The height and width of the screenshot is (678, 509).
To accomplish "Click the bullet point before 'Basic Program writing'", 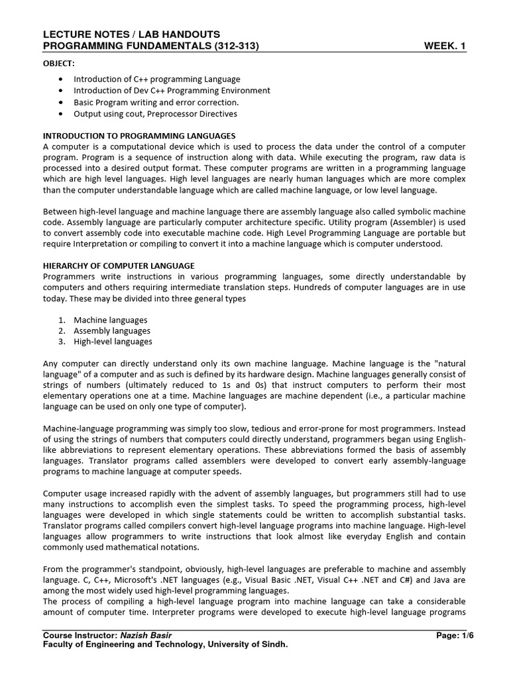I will click(61, 103).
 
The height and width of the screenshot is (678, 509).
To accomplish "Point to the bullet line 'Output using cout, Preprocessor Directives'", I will click(155, 114).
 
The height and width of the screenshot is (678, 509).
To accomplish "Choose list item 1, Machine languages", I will click(110, 320).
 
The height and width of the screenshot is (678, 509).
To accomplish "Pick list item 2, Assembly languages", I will click(111, 330).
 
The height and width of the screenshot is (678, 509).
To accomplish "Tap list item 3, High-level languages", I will click(113, 342).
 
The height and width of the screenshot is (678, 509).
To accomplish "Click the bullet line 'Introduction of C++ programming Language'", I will click(156, 79).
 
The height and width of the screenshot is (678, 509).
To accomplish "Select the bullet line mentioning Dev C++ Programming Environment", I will click(172, 91).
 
